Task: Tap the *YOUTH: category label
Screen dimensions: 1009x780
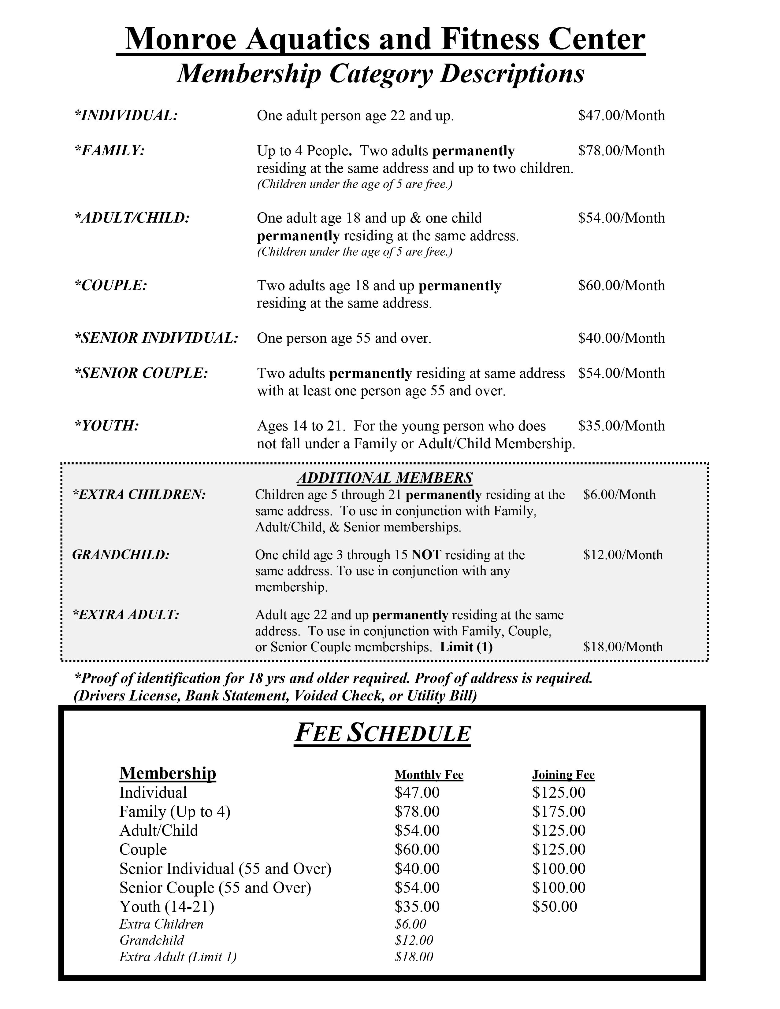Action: click(x=107, y=426)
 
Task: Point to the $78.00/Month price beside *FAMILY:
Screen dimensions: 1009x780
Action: click(x=621, y=151)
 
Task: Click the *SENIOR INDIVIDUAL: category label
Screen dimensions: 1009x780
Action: click(x=156, y=338)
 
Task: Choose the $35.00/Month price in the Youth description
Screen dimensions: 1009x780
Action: click(x=621, y=426)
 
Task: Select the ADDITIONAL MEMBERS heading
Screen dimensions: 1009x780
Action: click(x=384, y=477)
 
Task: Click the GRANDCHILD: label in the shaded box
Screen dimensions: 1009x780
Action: click(x=121, y=554)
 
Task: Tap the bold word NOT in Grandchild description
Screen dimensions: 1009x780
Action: click(x=426, y=554)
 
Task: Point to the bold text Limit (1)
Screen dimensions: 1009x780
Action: click(x=466, y=647)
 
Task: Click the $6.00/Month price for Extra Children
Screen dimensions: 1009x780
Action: click(x=619, y=494)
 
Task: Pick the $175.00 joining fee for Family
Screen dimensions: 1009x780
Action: click(x=558, y=811)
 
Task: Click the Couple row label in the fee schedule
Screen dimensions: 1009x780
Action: click(x=143, y=849)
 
